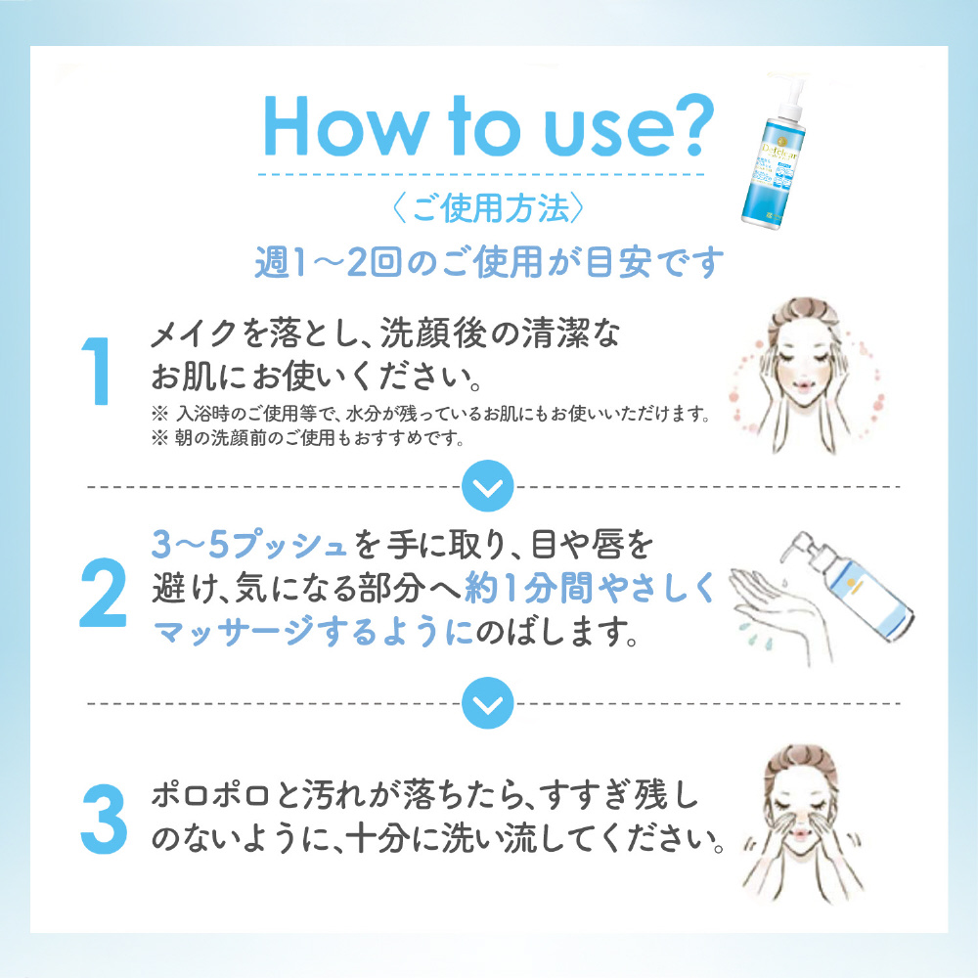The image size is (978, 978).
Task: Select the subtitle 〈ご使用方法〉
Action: [x=488, y=208]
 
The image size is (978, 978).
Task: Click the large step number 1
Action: [x=97, y=371]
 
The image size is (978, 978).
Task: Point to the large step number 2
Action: [x=103, y=592]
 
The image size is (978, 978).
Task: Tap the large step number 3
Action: [x=105, y=819]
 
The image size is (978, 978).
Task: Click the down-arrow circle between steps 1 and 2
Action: [x=488, y=486]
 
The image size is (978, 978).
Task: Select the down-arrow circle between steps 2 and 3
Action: [x=488, y=703]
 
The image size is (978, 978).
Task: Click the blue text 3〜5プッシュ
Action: [x=249, y=545]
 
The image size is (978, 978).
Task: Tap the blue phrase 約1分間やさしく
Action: [x=590, y=588]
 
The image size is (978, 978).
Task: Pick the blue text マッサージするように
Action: [x=313, y=633]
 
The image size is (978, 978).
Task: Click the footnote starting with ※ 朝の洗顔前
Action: [x=308, y=438]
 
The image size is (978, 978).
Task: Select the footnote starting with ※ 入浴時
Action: [x=431, y=414]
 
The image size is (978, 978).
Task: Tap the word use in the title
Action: [x=595, y=132]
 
